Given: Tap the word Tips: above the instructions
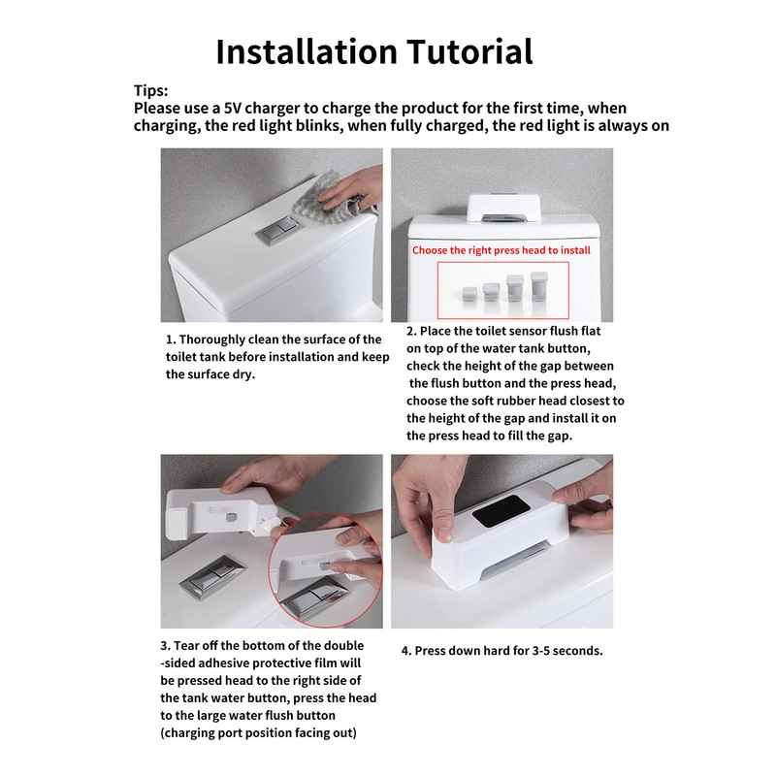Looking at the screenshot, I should (x=151, y=90).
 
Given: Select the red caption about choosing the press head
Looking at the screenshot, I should (x=501, y=249).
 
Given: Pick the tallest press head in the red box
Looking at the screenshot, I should (x=538, y=287).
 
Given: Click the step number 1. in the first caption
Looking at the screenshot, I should (x=171, y=339).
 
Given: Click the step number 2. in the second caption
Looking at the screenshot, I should (x=412, y=332).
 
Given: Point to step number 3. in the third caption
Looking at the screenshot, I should (x=166, y=645).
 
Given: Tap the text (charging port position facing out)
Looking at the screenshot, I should (x=258, y=732).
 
